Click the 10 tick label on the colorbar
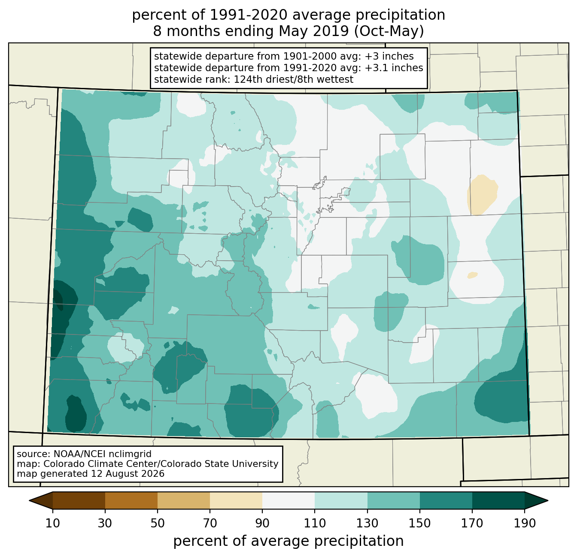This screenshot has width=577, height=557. [52, 523]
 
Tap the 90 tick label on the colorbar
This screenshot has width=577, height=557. [262, 523]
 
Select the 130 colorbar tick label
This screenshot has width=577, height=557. [367, 523]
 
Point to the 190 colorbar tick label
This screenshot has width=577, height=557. [525, 523]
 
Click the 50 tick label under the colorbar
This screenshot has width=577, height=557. [158, 523]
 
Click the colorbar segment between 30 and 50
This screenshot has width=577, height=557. [131, 500]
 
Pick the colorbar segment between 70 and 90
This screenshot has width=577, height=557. [236, 500]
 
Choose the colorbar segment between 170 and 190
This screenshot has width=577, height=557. [498, 500]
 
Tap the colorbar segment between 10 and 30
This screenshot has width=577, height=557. [79, 500]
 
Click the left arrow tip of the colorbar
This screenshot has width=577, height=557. [29, 500]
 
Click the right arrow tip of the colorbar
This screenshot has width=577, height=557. [548, 500]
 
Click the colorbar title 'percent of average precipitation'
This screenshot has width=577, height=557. [288, 541]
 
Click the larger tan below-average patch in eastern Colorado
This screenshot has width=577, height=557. [482, 195]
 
